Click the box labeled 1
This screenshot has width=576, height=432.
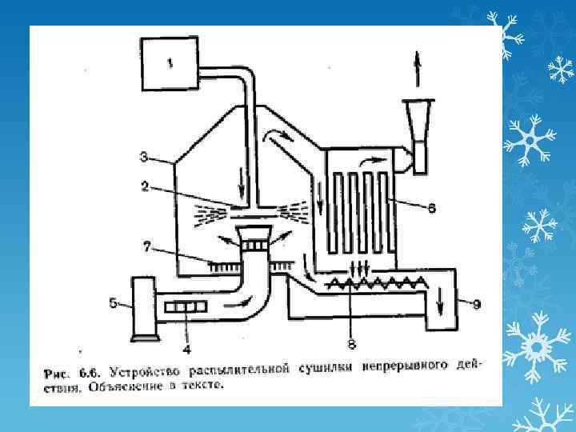170,64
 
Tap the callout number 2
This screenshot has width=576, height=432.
145,186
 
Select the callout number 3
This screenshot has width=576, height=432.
144,155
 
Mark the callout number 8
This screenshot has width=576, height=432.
351,344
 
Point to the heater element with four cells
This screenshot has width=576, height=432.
186,306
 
